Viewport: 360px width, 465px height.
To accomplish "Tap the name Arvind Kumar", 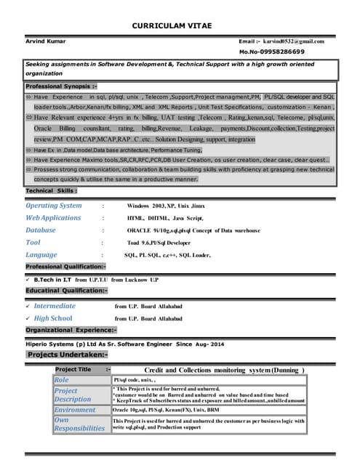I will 45,41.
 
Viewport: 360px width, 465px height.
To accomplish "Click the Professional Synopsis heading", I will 55,86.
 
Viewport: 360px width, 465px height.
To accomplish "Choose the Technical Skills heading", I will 51,190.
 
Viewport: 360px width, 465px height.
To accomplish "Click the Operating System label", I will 54,206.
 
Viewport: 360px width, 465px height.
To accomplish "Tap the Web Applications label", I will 53,218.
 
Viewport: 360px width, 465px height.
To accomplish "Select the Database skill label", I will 41,230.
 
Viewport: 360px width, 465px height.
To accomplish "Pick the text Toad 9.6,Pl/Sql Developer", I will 159,243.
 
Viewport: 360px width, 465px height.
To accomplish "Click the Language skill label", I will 41,255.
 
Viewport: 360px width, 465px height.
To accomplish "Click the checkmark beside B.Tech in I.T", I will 28,278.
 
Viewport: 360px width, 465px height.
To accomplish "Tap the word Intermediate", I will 55,306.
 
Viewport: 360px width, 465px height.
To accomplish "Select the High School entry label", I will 53,318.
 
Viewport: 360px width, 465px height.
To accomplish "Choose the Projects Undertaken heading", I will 68,355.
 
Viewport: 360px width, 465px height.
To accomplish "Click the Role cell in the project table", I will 62,380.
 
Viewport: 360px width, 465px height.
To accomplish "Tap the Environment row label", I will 75,411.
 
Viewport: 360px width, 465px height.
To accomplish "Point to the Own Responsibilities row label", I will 79,424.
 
